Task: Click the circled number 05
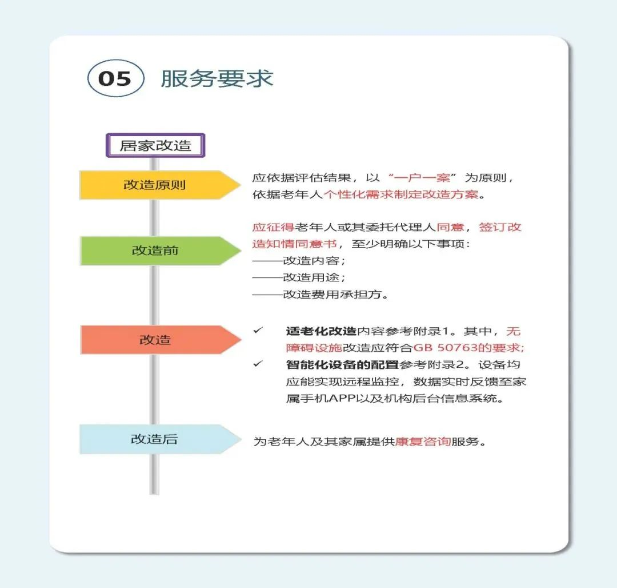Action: (x=115, y=78)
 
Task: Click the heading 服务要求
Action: (x=217, y=78)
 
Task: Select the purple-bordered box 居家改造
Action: (x=155, y=145)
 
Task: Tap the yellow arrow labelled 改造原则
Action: (x=160, y=185)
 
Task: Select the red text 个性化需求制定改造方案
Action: (x=401, y=194)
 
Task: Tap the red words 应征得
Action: (x=273, y=227)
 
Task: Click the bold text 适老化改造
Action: (x=321, y=331)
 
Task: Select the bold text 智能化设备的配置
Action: (x=342, y=365)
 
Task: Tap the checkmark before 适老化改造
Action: (x=258, y=331)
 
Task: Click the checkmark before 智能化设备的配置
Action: (x=258, y=364)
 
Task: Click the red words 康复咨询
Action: (x=423, y=442)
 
